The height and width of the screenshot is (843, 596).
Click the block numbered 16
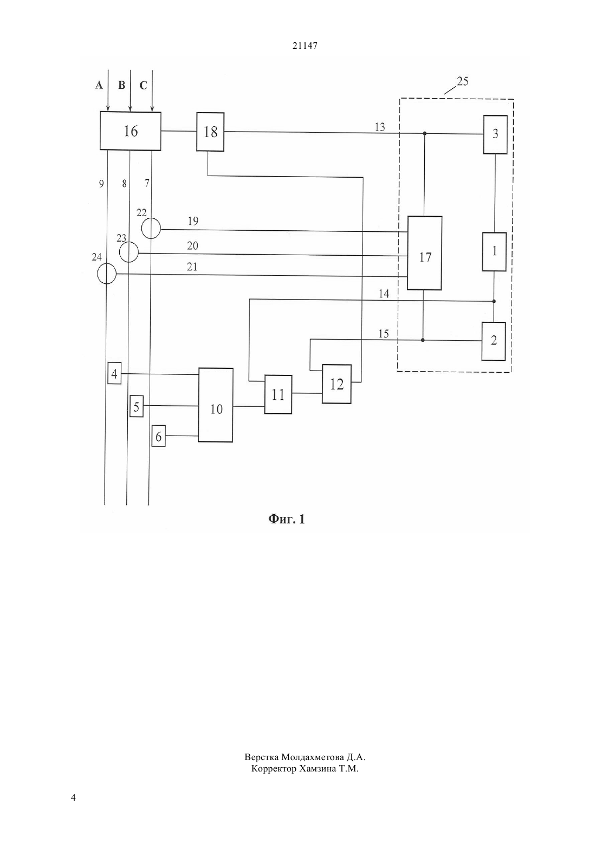coord(130,131)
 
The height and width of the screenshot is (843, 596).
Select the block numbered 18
coord(210,132)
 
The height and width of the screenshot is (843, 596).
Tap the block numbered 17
coord(424,253)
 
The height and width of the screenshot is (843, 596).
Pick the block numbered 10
coord(216,405)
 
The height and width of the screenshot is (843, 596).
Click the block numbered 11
coord(278,394)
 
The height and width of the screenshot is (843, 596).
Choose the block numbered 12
coord(337,384)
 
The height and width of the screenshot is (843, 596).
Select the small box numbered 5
coord(137,406)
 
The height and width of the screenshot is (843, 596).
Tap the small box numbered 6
coord(159,436)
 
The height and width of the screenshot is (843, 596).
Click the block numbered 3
coord(495,134)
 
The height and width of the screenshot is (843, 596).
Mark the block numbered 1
coord(494,251)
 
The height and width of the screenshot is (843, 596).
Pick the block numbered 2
coord(494,341)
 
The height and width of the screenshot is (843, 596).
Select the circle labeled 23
coord(129,252)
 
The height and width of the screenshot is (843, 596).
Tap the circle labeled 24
coord(107,273)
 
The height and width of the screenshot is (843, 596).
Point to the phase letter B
coord(121,86)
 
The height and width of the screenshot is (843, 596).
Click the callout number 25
coord(462,81)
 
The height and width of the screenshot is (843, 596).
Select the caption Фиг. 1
coord(286,520)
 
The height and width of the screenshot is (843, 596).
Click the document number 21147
coord(305,46)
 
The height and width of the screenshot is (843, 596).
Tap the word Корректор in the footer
coord(274,768)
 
